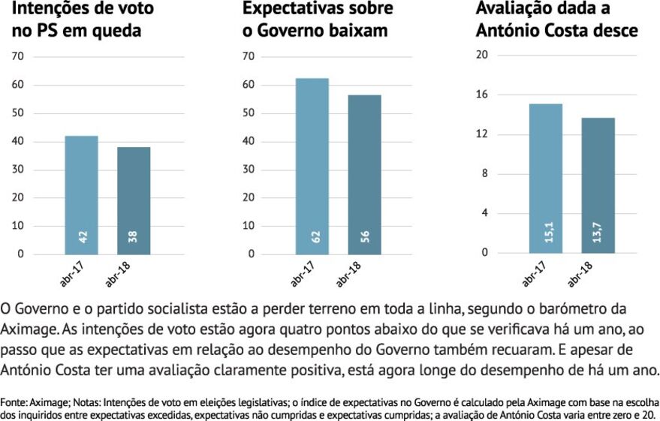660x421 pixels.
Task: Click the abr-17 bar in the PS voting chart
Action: [81, 194]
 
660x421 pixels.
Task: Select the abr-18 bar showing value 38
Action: [134, 200]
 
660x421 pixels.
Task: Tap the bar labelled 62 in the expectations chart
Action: [312, 166]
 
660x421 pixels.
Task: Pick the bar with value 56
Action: [364, 174]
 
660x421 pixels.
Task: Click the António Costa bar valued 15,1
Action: [545, 178]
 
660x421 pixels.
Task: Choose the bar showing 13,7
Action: [598, 185]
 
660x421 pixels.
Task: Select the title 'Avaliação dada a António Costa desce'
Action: [556, 20]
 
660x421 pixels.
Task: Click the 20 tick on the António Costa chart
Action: [483, 55]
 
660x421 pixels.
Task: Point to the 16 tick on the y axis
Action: [483, 95]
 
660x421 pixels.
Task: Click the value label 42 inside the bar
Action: [83, 236]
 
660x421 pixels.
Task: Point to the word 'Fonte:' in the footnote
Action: [15, 401]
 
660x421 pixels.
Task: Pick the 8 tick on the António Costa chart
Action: [485, 173]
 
